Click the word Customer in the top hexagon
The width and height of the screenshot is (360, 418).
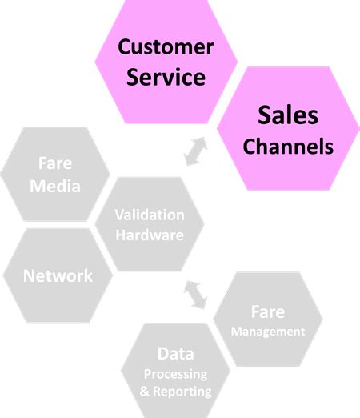[166, 46]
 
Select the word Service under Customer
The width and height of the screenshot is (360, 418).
[166, 78]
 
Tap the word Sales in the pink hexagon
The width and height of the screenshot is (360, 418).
[288, 116]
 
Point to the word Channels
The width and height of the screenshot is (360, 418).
[288, 147]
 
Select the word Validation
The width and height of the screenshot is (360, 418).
[149, 215]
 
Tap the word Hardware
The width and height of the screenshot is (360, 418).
[149, 235]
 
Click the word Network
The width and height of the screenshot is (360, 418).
[58, 276]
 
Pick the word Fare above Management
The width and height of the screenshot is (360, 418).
[268, 311]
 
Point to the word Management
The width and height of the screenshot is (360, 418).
[268, 331]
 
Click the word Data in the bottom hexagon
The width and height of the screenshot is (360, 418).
[175, 354]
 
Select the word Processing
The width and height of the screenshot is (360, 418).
[175, 374]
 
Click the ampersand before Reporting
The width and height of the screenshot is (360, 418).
[145, 392]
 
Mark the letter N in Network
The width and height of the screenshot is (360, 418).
[30, 276]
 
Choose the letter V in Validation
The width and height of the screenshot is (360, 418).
[119, 215]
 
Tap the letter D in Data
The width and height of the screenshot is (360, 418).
[162, 354]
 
